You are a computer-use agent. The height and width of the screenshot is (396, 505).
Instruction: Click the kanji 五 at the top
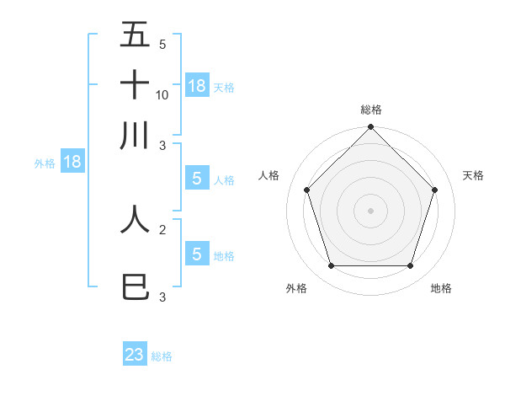(x=135, y=35)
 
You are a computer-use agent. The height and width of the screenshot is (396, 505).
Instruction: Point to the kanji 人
(x=135, y=218)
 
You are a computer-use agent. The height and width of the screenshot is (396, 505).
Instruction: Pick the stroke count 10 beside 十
(x=162, y=94)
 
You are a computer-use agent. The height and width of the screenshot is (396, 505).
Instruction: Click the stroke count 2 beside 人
(x=162, y=228)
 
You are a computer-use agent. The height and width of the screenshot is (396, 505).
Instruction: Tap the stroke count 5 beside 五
(x=162, y=45)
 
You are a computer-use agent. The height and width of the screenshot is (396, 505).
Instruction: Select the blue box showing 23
(x=135, y=355)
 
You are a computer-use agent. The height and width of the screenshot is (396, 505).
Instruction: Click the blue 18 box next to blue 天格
(x=197, y=86)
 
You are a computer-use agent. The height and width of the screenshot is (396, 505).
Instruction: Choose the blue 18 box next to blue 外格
(x=72, y=162)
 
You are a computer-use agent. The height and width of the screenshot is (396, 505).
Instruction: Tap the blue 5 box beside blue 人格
(x=196, y=179)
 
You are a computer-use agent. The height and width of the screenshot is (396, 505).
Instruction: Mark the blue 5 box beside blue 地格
(x=196, y=254)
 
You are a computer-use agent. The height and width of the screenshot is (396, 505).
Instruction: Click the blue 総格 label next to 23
(x=162, y=356)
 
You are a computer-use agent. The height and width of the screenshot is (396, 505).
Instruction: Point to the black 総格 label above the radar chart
(x=371, y=110)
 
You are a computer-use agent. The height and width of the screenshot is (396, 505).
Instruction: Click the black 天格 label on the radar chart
(x=473, y=175)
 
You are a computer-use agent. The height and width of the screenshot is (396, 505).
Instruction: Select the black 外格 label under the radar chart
(x=296, y=288)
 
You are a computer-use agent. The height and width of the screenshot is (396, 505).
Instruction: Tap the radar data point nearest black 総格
(x=371, y=128)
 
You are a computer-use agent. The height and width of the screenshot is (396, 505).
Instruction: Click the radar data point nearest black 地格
(x=411, y=266)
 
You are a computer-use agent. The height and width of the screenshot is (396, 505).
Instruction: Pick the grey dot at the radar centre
(x=371, y=210)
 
